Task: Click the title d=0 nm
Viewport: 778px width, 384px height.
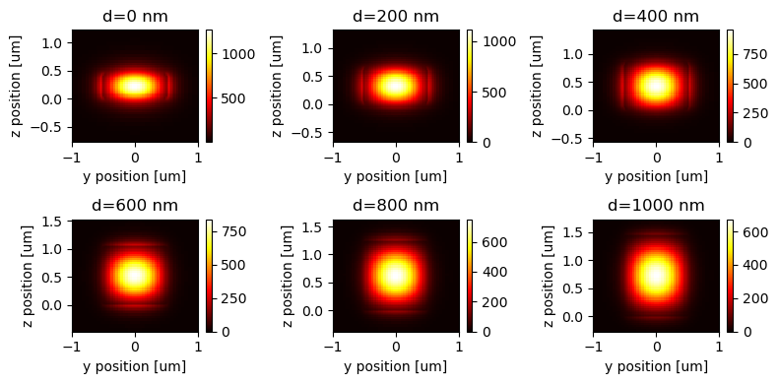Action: coord(135,16)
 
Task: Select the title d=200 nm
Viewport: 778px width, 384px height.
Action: coord(396,16)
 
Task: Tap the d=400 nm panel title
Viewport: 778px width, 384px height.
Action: coord(656,16)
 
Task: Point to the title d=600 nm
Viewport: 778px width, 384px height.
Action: coord(135,205)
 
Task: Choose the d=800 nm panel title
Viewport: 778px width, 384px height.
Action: coord(396,205)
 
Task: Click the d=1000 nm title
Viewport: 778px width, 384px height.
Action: coord(656,205)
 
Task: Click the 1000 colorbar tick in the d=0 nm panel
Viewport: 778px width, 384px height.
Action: coord(232,56)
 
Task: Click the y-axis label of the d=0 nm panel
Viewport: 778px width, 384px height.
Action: coord(19,86)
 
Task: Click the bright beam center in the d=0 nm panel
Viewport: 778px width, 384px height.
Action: coord(135,86)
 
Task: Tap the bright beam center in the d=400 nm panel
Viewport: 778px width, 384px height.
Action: coord(656,87)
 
